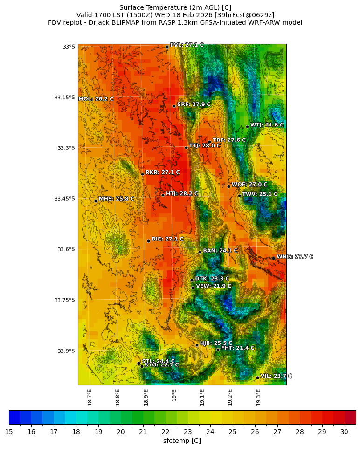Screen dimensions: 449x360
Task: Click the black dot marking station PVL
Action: tap(167, 47)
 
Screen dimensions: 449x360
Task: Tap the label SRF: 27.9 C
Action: tap(194, 105)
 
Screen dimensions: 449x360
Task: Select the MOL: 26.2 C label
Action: tap(96, 99)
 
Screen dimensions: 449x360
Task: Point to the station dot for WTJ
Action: tap(247, 126)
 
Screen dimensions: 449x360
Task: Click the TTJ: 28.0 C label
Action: tap(205, 146)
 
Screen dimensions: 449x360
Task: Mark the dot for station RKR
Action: tap(142, 174)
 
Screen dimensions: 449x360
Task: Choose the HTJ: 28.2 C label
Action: tap(182, 194)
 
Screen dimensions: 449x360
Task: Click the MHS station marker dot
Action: tap(96, 201)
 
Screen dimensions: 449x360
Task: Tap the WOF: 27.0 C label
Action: tap(249, 185)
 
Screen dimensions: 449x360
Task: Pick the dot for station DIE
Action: tap(148, 241)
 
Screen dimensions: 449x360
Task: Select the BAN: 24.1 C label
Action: tap(220, 251)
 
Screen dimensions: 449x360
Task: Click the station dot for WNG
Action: tap(273, 258)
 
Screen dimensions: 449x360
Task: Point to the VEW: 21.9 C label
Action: tap(214, 286)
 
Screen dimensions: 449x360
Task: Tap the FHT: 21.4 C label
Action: tap(238, 348)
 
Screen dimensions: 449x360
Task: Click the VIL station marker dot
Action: tap(257, 378)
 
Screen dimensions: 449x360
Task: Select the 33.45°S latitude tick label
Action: tap(64, 199)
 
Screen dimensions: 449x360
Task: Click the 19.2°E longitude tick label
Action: tap(230, 397)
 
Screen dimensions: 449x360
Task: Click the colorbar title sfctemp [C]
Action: tap(182, 441)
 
